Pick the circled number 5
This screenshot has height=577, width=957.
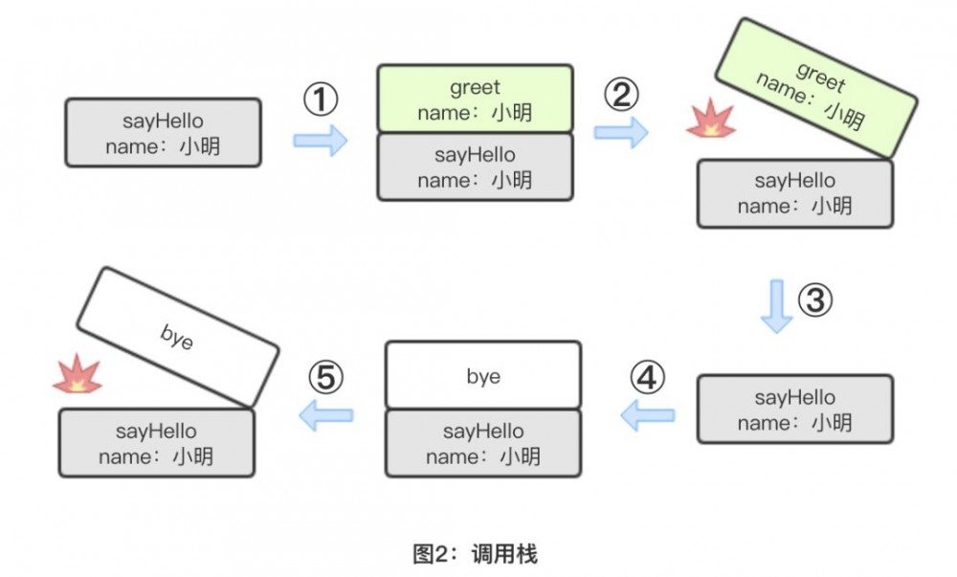click(325, 378)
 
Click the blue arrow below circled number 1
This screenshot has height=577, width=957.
click(321, 141)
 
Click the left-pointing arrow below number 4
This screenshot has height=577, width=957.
click(648, 414)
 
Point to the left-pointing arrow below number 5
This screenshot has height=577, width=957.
click(325, 414)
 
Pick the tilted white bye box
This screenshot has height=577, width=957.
click(177, 336)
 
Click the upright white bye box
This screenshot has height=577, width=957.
click(483, 376)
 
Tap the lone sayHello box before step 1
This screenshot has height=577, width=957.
click(163, 133)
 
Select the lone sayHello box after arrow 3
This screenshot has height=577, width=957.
click(794, 410)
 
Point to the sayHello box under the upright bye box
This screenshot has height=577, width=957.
click(483, 444)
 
